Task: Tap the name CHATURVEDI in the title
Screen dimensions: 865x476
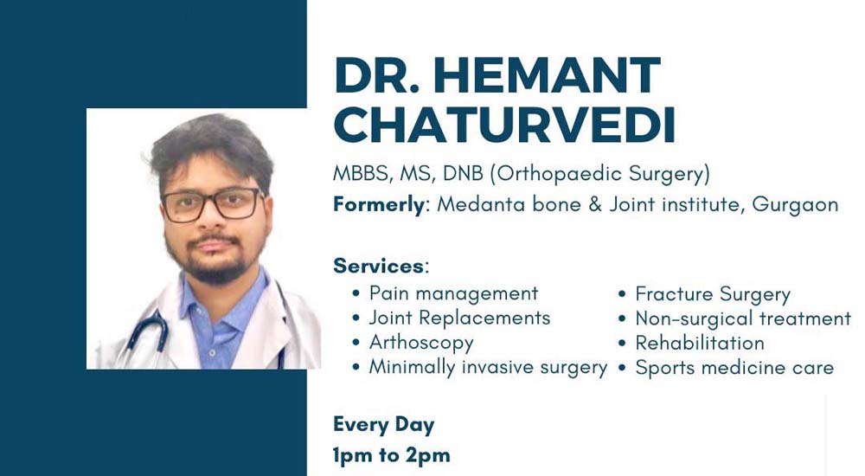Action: pyautogui.click(x=505, y=125)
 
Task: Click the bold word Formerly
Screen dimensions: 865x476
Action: pyautogui.click(x=379, y=205)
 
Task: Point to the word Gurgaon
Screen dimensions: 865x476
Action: pyautogui.click(x=795, y=205)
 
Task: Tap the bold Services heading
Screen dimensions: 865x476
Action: pyautogui.click(x=379, y=267)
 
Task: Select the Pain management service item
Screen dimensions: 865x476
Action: pyautogui.click(x=453, y=293)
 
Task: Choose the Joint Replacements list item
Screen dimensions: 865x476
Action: pyautogui.click(x=459, y=318)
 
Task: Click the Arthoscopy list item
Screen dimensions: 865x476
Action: pyautogui.click(x=421, y=343)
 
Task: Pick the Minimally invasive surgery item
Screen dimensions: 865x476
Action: pyautogui.click(x=488, y=367)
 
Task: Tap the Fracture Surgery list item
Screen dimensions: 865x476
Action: pyautogui.click(x=713, y=294)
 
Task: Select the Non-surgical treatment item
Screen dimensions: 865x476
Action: pyautogui.click(x=743, y=318)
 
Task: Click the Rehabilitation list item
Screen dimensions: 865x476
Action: pyautogui.click(x=700, y=343)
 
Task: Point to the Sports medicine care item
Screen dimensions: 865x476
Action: pyautogui.click(x=734, y=368)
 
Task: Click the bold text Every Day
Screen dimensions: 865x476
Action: pyautogui.click(x=383, y=425)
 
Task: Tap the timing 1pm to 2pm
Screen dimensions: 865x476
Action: pyautogui.click(x=391, y=455)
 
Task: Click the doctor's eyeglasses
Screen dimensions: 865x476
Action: pyautogui.click(x=212, y=204)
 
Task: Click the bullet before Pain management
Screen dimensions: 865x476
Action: pyautogui.click(x=356, y=293)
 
